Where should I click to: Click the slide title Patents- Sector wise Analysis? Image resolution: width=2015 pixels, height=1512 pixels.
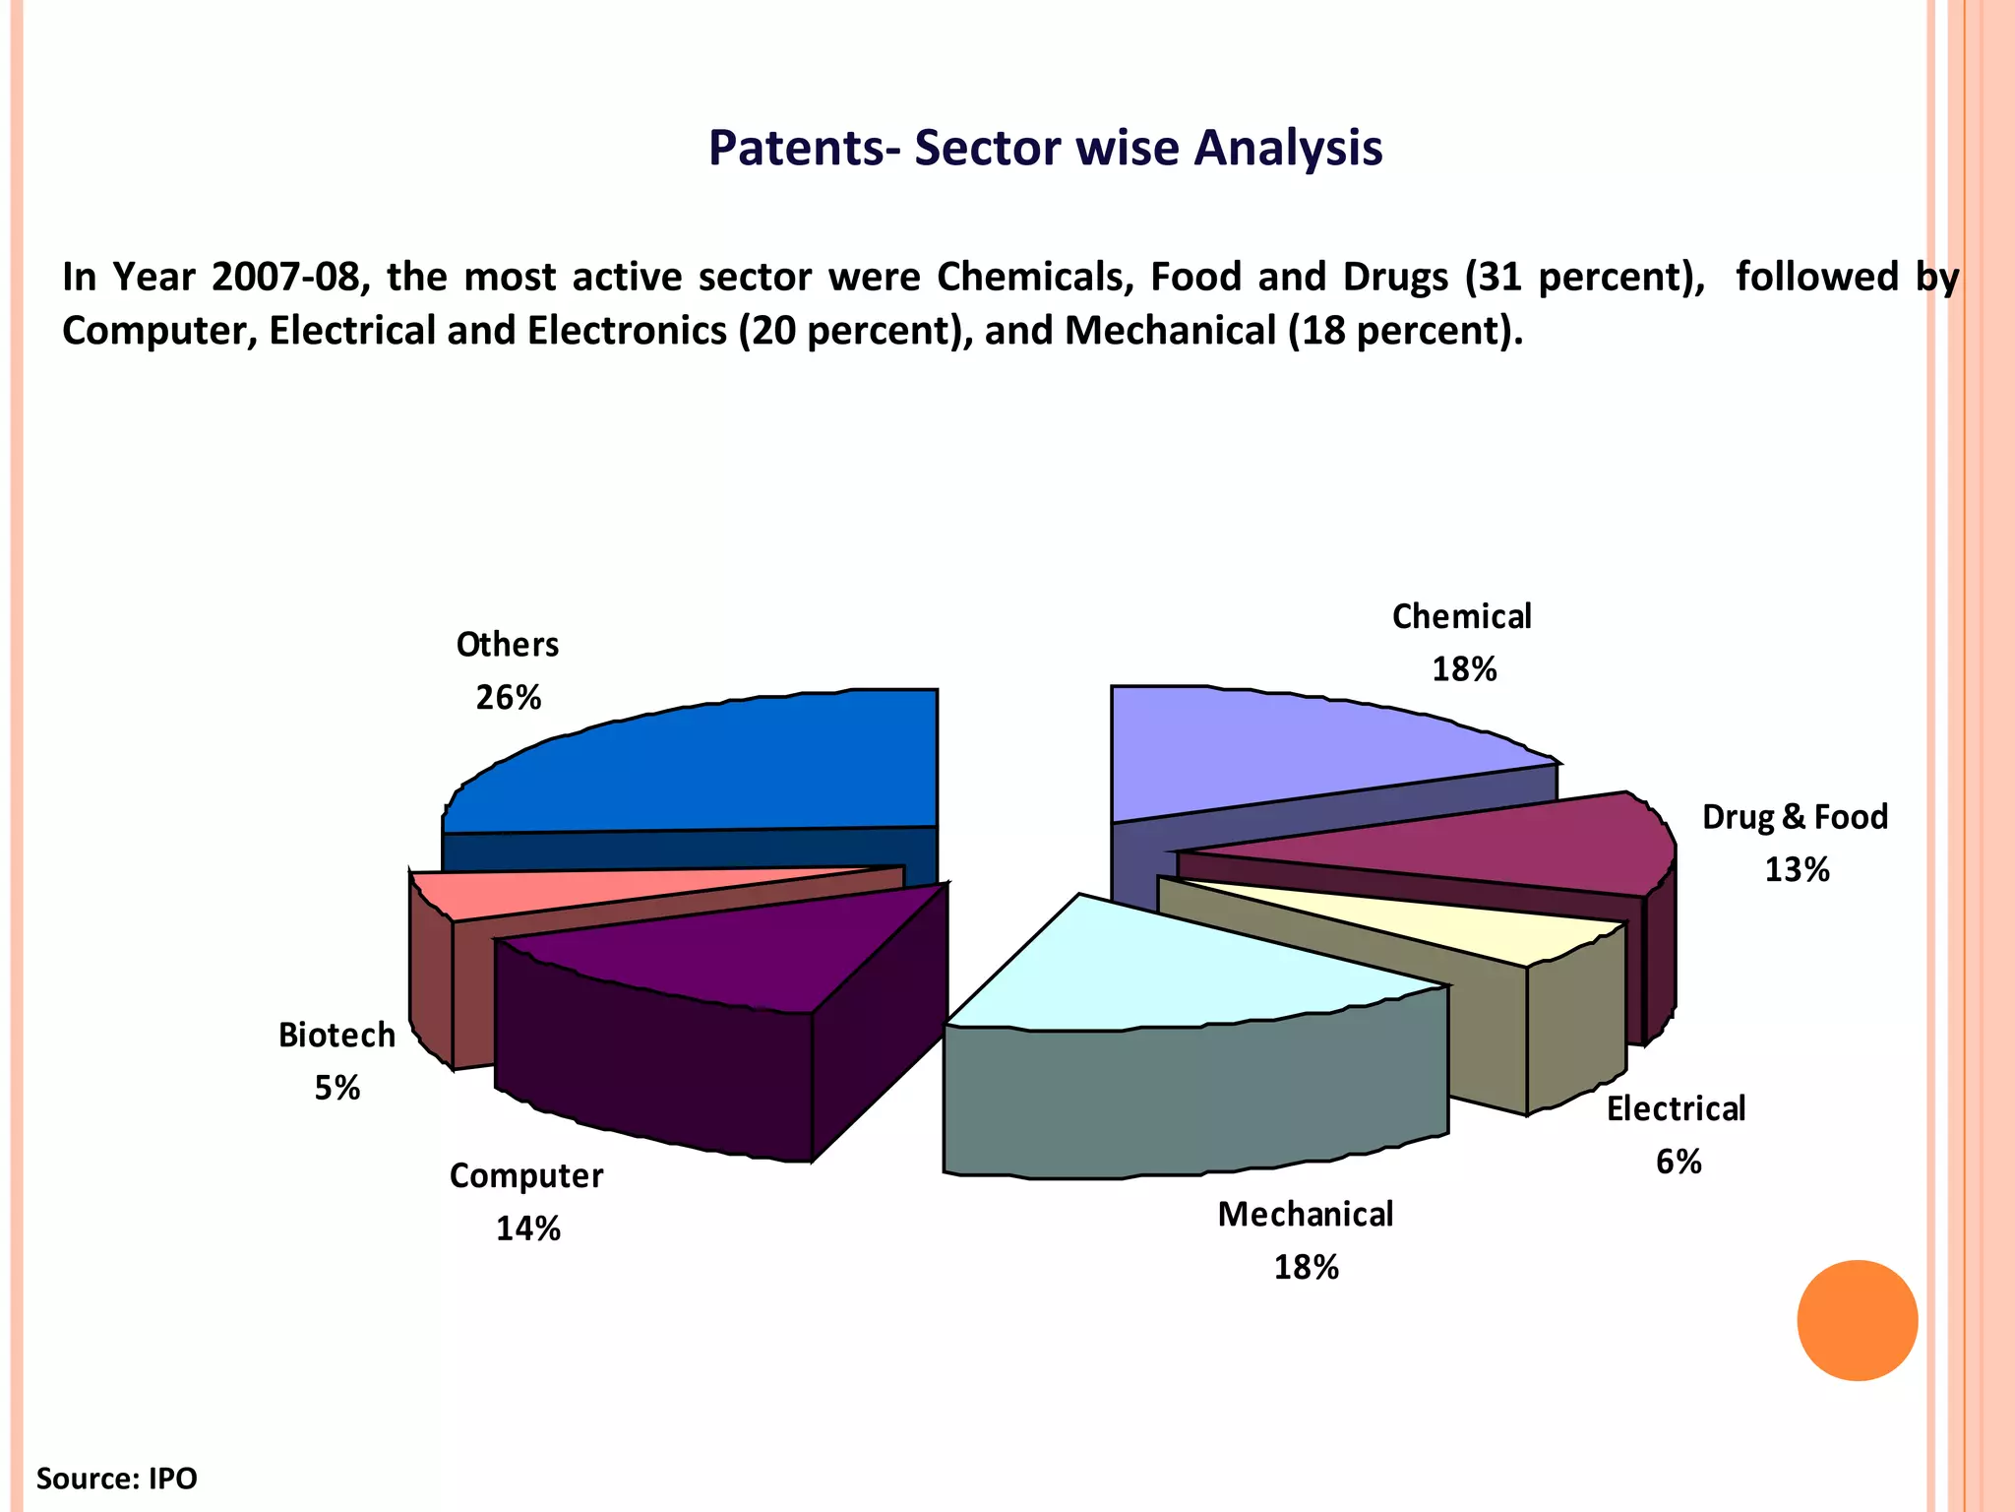1045,149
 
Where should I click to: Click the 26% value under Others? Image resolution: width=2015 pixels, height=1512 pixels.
509,698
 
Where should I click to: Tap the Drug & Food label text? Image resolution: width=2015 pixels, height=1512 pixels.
1795,817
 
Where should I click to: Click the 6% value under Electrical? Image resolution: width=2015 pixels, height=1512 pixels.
1679,1162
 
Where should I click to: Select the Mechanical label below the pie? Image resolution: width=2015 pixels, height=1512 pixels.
1306,1215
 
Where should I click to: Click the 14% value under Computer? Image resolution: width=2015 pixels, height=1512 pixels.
528,1228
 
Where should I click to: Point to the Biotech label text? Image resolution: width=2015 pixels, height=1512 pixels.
336,1036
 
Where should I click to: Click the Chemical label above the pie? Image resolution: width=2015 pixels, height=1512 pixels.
1462,617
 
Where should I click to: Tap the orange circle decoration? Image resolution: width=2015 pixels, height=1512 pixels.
1857,1320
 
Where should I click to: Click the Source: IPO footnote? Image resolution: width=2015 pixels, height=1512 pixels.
116,1479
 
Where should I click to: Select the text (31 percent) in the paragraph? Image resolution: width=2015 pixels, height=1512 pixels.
1584,278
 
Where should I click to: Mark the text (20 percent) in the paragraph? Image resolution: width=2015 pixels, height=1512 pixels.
854,331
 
